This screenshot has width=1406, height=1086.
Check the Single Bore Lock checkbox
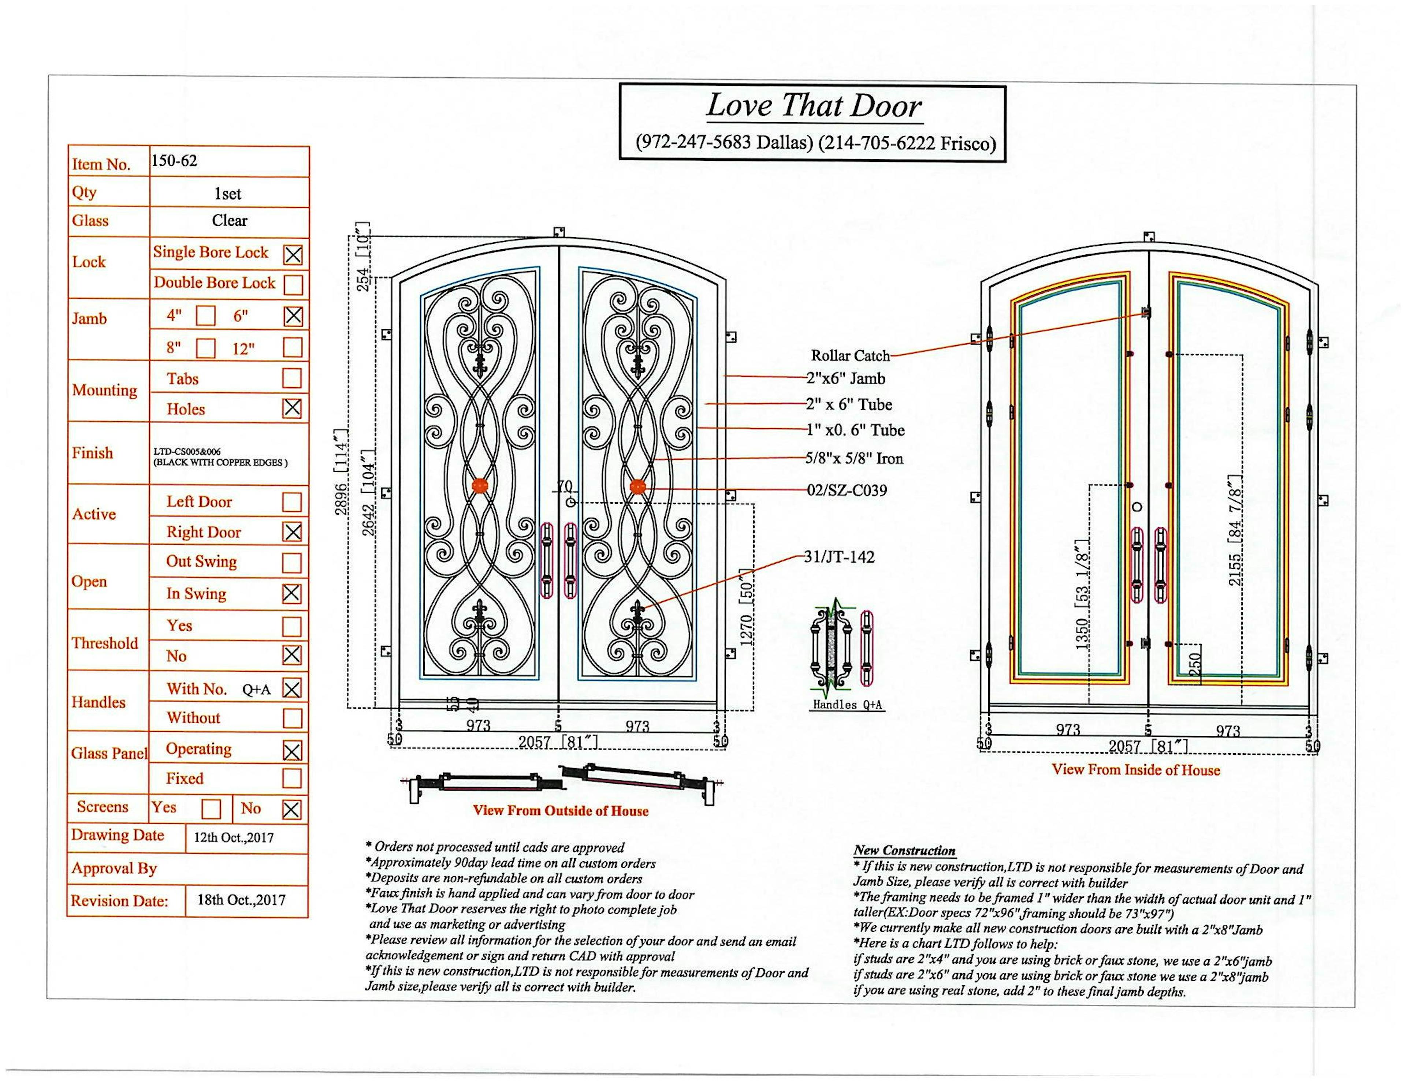[x=293, y=255]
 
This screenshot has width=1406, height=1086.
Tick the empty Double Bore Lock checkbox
[x=293, y=284]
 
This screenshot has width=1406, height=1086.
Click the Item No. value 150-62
[x=174, y=161]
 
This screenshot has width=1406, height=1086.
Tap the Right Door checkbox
[x=291, y=532]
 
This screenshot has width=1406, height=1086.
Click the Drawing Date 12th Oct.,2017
[x=234, y=837]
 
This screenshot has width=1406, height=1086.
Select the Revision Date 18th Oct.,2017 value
[x=241, y=900]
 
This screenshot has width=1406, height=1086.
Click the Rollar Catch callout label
[x=850, y=355]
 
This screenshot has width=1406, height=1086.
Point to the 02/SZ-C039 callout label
[x=847, y=490]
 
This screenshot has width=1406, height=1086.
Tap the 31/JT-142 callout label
[x=839, y=557]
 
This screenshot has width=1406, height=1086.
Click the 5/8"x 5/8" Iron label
[x=854, y=458]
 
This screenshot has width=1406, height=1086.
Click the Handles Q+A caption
[x=847, y=704]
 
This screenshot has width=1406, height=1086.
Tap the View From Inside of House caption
[x=1136, y=769]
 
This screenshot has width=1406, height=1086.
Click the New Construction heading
[x=904, y=850]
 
